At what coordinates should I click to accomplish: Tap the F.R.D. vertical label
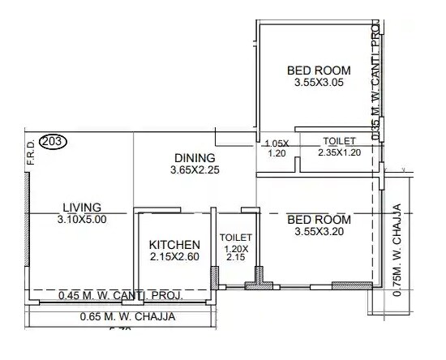(30, 155)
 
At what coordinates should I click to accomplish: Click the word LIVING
(82, 207)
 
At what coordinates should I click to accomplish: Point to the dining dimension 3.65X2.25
(195, 170)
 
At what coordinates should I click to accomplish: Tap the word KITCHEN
(174, 244)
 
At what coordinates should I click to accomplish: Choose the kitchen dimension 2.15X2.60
(174, 257)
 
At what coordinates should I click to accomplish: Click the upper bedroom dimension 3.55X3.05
(319, 84)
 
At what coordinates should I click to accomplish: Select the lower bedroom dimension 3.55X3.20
(319, 233)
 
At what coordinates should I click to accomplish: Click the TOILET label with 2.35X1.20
(339, 140)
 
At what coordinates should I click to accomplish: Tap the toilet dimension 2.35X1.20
(338, 152)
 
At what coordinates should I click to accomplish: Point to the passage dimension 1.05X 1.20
(277, 148)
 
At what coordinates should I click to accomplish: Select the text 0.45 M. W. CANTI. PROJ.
(120, 297)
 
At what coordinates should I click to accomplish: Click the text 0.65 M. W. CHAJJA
(127, 317)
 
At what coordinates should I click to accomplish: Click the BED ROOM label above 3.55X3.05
(319, 71)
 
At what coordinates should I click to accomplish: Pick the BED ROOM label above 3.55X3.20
(319, 220)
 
